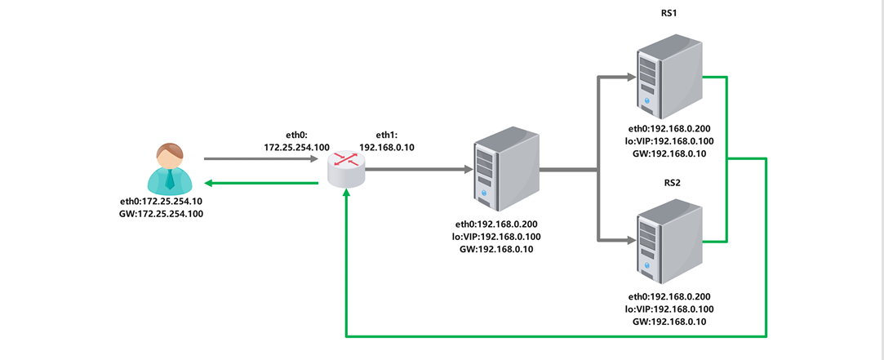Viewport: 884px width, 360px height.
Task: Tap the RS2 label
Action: (669, 184)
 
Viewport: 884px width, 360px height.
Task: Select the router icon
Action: (346, 168)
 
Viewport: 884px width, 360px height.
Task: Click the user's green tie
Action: (170, 179)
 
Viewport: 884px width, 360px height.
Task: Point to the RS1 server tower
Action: (669, 72)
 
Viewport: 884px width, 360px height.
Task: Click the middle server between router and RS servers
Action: (506, 171)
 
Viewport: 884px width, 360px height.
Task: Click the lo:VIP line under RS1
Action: (669, 141)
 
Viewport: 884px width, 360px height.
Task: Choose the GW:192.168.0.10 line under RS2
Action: (669, 322)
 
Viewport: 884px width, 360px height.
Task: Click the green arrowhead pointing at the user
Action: (209, 183)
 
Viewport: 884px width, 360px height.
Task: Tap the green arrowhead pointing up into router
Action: (346, 193)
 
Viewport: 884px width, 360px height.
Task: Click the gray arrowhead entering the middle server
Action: (468, 169)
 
